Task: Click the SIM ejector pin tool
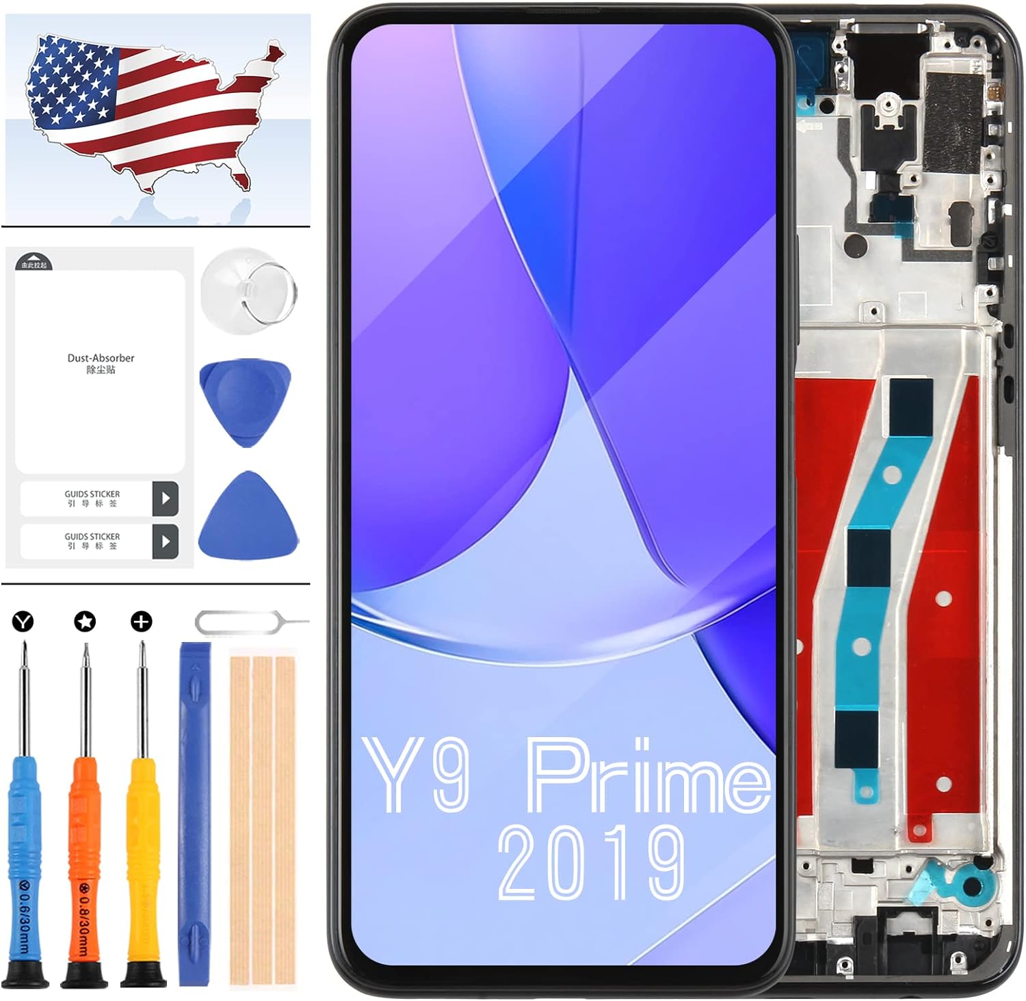tap(250, 623)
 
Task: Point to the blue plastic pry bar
tap(194, 814)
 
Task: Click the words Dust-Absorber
tap(101, 358)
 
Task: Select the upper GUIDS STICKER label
tap(92, 494)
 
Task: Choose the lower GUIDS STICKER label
tap(92, 537)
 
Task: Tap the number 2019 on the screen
tap(591, 863)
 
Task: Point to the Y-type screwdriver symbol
tap(23, 622)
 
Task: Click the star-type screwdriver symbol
tap(85, 622)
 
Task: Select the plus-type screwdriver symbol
tap(142, 622)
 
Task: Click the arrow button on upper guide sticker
tap(166, 498)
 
